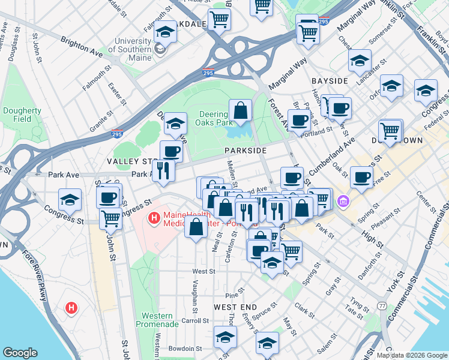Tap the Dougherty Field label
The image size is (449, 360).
point(17,115)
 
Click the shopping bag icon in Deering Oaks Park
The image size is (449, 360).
point(240,111)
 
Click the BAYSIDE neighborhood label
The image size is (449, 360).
point(330,80)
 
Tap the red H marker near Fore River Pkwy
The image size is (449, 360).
point(71,308)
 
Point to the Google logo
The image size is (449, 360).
point(20,352)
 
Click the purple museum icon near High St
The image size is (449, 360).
point(343,200)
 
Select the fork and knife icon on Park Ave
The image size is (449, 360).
point(163,171)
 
